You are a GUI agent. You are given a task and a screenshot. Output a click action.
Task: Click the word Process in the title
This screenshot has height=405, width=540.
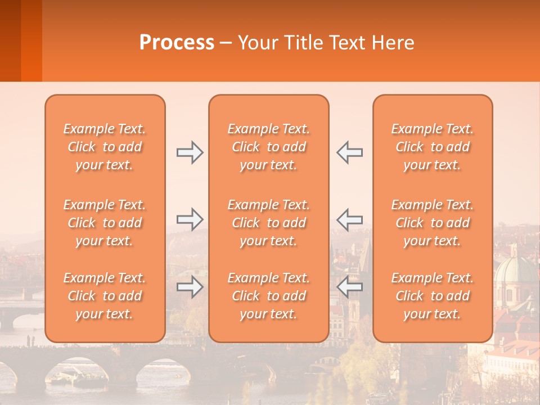pyautogui.click(x=177, y=43)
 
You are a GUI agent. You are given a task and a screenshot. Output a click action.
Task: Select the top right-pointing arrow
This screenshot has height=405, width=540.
pyautogui.click(x=190, y=152)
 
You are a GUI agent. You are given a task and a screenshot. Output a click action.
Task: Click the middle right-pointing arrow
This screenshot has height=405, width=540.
pyautogui.click(x=190, y=218)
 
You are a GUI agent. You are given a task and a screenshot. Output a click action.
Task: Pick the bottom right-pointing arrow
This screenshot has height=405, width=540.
pyautogui.click(x=190, y=287)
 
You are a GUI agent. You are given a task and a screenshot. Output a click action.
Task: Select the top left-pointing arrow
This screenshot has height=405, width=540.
pyautogui.click(x=350, y=152)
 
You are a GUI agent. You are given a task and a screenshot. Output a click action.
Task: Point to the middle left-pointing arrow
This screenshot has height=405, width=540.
pyautogui.click(x=350, y=219)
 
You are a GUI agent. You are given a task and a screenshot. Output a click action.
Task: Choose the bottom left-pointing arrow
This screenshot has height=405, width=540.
pyautogui.click(x=350, y=287)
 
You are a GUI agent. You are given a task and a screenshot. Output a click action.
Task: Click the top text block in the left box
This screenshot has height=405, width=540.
pyautogui.click(x=105, y=147)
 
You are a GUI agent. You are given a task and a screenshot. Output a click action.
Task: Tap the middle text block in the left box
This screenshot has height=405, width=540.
pyautogui.click(x=105, y=223)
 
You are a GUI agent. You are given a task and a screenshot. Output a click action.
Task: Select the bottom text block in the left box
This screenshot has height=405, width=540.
pyautogui.click(x=105, y=296)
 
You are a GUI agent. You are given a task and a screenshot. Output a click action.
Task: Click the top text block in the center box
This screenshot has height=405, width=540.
pyautogui.click(x=269, y=147)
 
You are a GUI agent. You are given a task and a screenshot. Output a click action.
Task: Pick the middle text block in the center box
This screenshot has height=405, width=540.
pyautogui.click(x=269, y=223)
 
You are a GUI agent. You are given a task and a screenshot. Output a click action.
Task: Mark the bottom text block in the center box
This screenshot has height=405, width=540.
pyautogui.click(x=269, y=296)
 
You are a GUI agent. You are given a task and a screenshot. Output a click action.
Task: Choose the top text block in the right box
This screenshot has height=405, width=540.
pyautogui.click(x=433, y=147)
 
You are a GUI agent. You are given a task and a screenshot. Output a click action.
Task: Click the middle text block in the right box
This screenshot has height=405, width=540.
pyautogui.click(x=433, y=223)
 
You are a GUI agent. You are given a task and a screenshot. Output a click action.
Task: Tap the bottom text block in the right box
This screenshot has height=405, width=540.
pyautogui.click(x=433, y=296)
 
